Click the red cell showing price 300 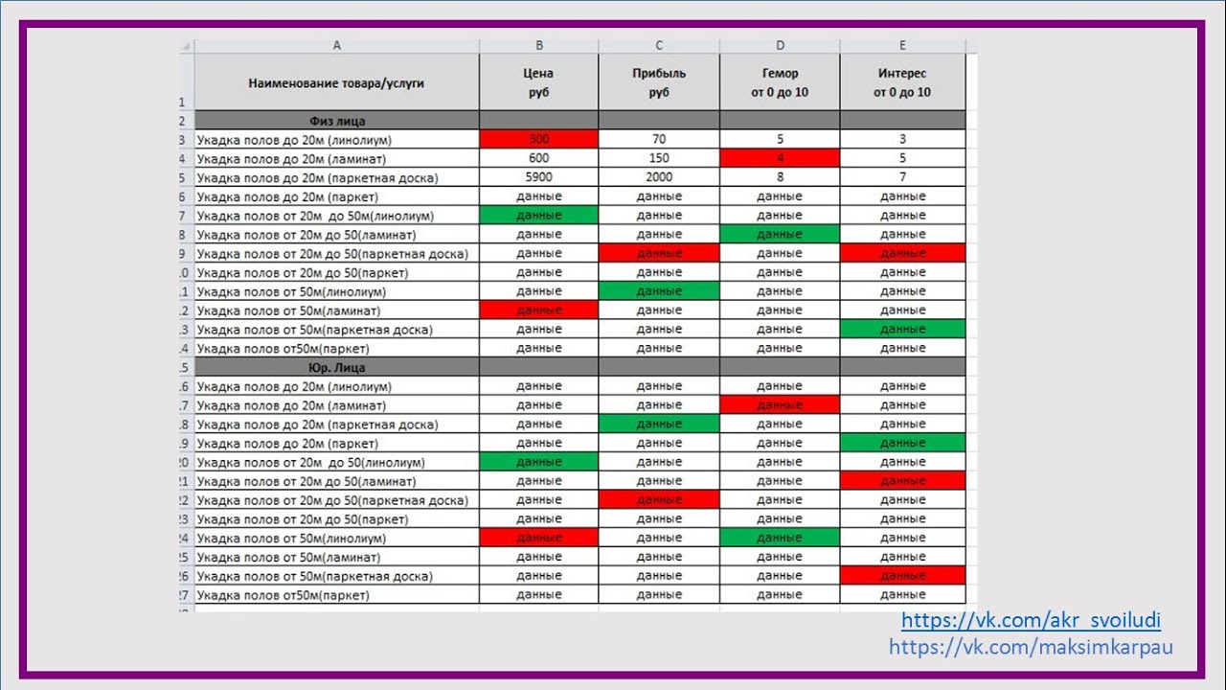[x=538, y=140]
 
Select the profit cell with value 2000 [x=659, y=177]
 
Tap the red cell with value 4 [x=780, y=158]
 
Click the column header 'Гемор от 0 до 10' [x=780, y=82]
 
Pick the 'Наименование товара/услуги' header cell [x=336, y=82]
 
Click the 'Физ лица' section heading [x=336, y=121]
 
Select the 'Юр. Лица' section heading [x=336, y=367]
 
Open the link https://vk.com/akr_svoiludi [x=1031, y=620]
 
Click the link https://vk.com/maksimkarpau [x=1031, y=647]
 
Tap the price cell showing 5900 [x=538, y=177]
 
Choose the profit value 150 [x=659, y=158]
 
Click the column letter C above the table [x=659, y=46]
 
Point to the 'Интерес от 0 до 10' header [x=902, y=82]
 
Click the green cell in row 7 [x=538, y=216]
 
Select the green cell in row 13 [x=902, y=330]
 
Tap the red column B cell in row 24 [x=538, y=539]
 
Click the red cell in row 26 [x=902, y=576]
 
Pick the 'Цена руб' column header [x=538, y=82]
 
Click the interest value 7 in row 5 [x=902, y=177]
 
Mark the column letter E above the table [x=902, y=46]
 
